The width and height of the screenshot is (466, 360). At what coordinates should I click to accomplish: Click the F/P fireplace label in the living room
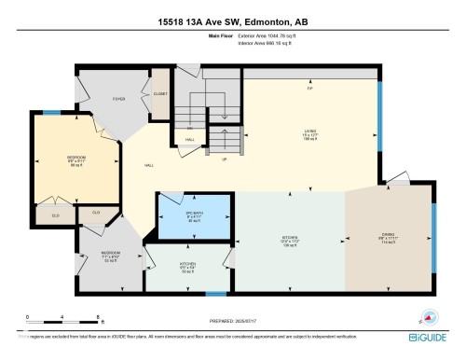point(310,89)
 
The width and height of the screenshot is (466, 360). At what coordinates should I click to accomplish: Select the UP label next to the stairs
point(224,159)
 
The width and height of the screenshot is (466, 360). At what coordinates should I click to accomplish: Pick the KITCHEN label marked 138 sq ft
point(290,238)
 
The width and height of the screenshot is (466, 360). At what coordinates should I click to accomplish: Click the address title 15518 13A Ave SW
point(233,22)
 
